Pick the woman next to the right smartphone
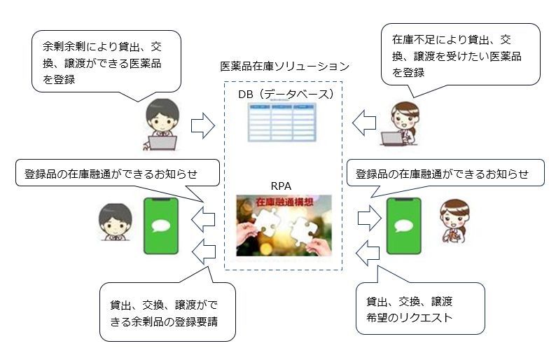tap(452, 221)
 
